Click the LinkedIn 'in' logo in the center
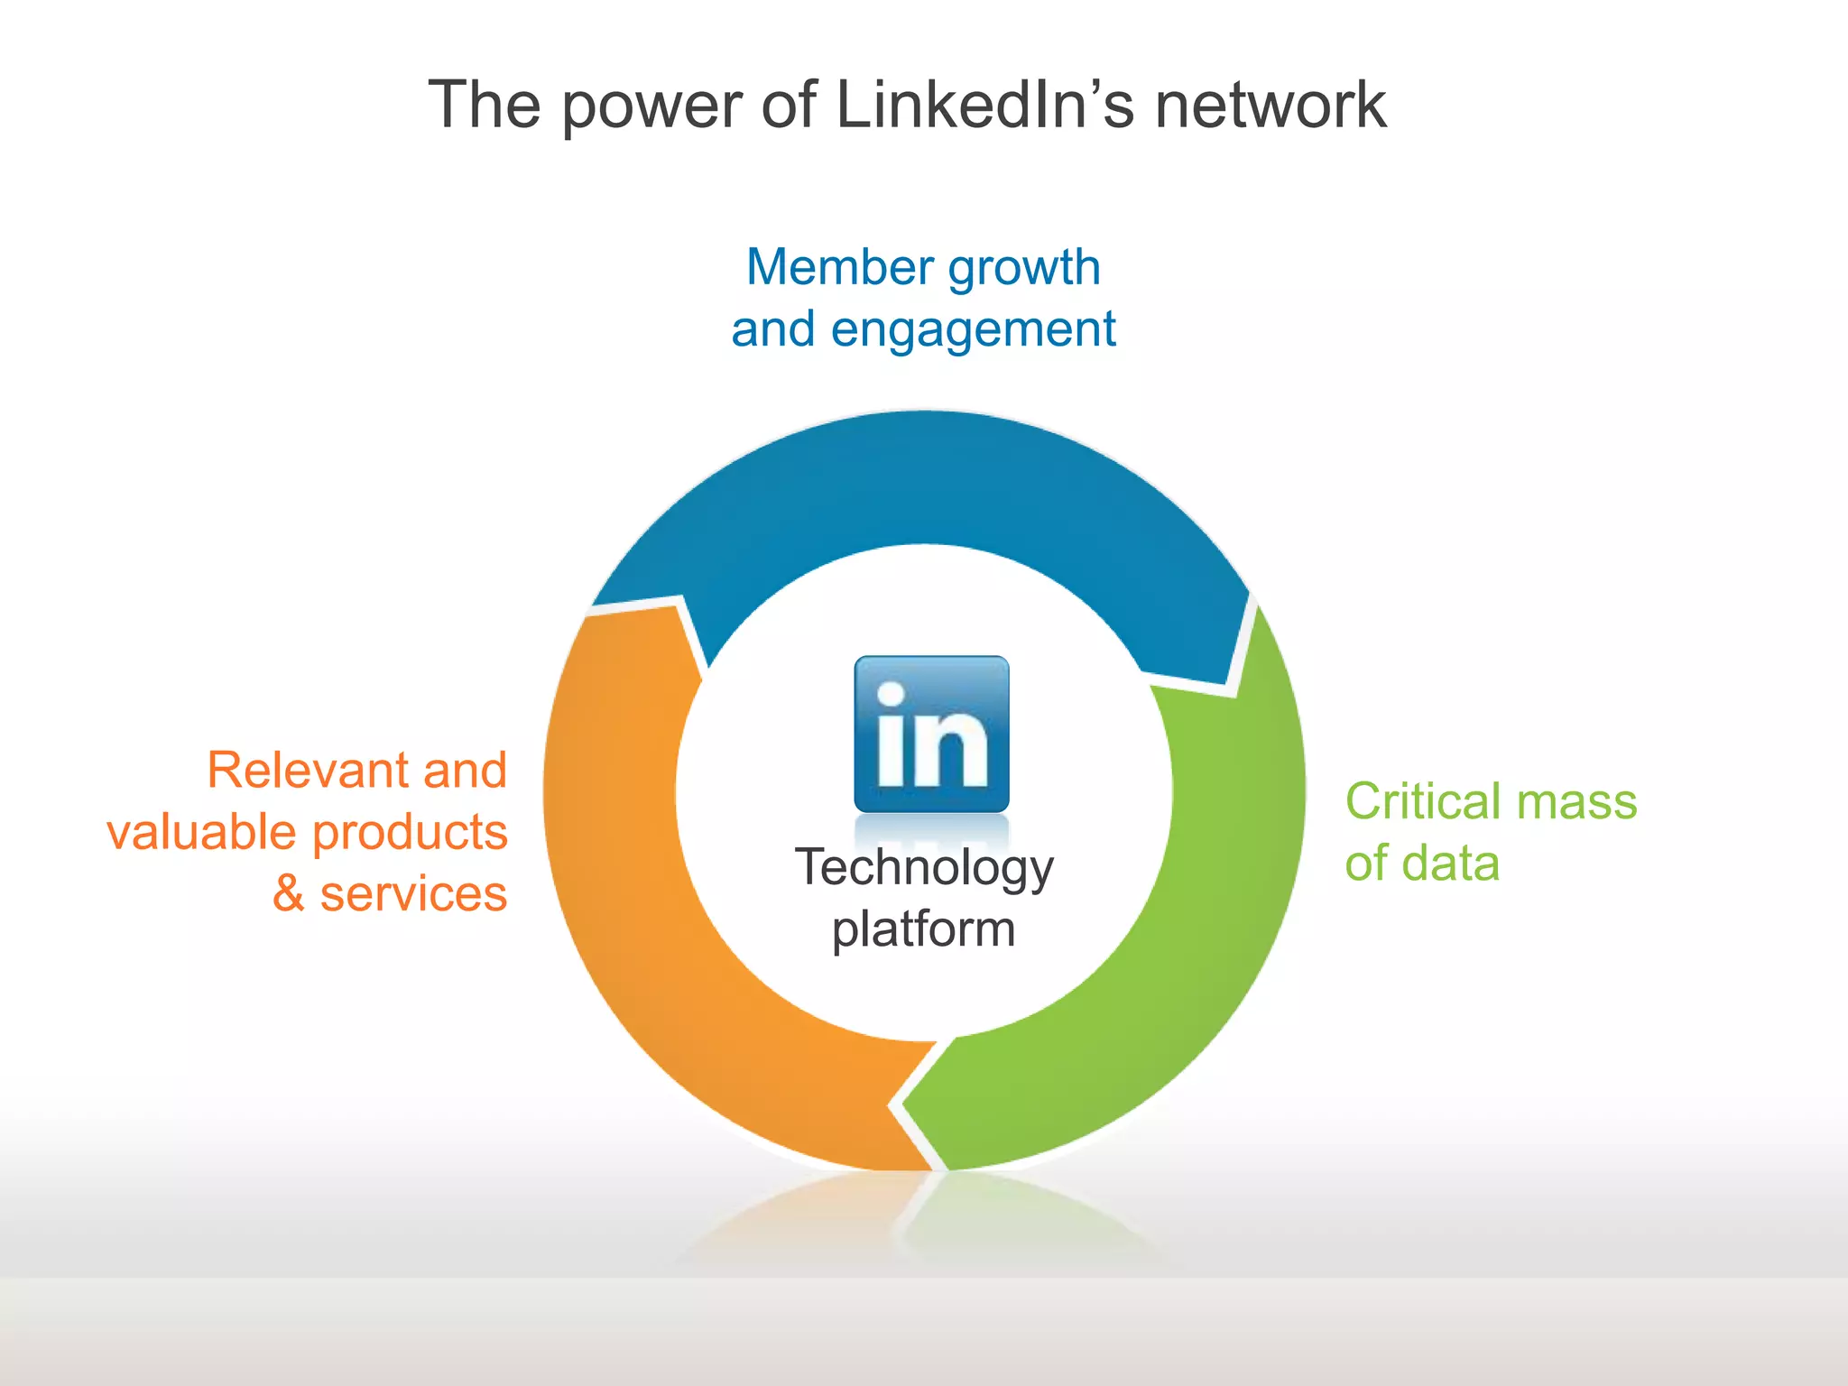pos(931,735)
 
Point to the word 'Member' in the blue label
pos(839,268)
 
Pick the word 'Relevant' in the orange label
pos(309,771)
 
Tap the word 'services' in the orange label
pos(413,894)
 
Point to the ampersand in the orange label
pos(288,894)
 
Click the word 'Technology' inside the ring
pos(924,869)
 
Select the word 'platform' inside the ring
pos(924,930)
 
